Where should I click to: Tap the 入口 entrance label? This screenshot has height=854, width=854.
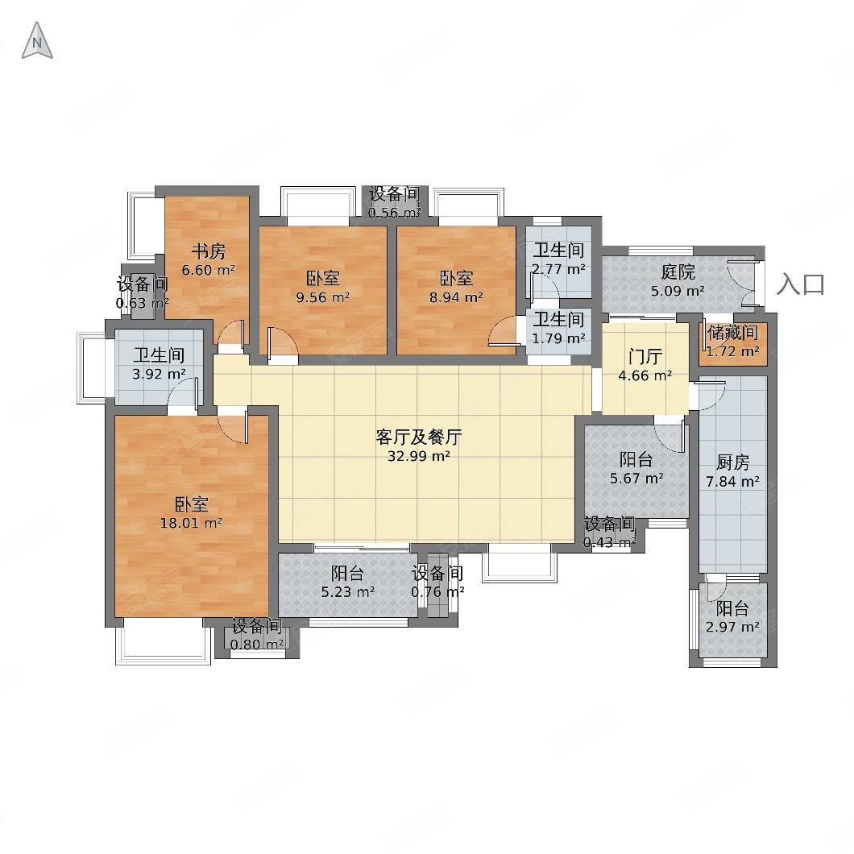pos(801,284)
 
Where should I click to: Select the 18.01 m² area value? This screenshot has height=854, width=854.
pos(192,523)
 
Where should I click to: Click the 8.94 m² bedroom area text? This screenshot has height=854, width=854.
pos(455,296)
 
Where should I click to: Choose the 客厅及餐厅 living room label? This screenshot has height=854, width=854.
pos(418,437)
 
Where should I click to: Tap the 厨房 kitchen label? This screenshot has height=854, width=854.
pos(732,462)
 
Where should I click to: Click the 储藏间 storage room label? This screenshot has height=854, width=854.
pos(732,333)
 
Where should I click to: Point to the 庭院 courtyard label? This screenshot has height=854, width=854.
pos(678,272)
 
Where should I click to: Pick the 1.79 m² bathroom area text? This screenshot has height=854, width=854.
pos(558,338)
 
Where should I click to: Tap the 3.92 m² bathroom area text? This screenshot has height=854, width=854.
pos(159,374)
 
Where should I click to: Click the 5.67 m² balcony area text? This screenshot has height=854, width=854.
pos(636,478)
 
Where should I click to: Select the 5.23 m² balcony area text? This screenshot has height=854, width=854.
pos(347,592)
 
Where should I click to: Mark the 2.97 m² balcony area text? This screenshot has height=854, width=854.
pos(732,627)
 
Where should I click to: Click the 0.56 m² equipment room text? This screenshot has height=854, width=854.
pos(395,213)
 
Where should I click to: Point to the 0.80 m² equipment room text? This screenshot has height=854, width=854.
pos(256,644)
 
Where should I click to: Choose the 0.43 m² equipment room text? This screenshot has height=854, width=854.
pos(609,542)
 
